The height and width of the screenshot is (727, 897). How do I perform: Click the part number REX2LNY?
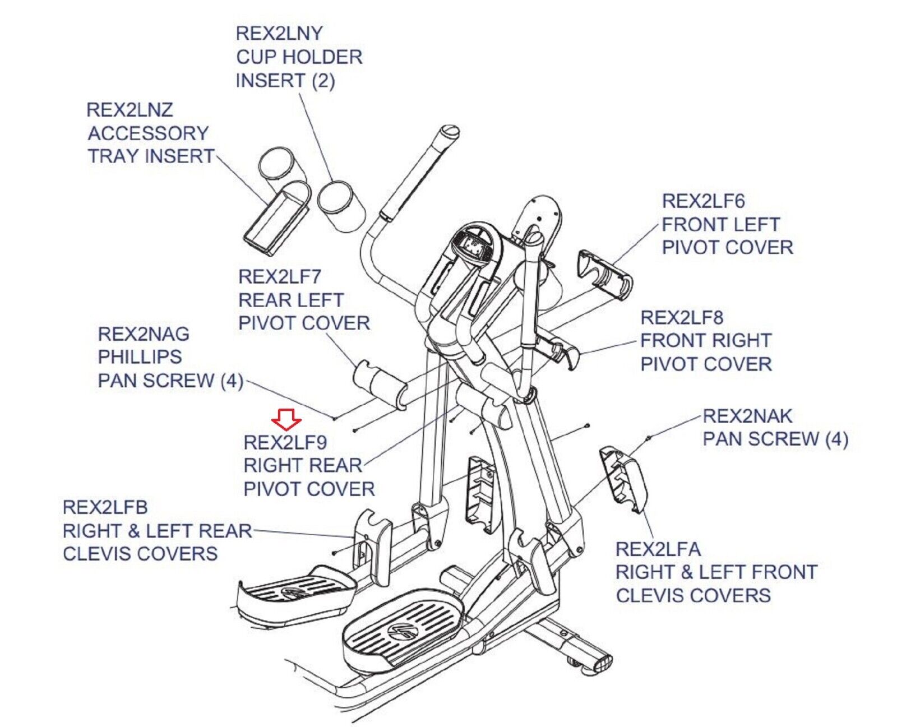point(279,34)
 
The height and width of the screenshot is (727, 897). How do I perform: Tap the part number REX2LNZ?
point(130,110)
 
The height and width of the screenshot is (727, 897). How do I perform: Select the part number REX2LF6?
point(703,201)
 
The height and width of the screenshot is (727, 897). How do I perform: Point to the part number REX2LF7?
point(279,277)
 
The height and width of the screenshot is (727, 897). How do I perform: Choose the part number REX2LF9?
point(285,443)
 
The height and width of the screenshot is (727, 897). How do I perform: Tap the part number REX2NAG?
point(144,334)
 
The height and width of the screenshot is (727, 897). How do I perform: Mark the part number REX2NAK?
point(747,416)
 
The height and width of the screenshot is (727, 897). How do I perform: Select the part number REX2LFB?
point(105,507)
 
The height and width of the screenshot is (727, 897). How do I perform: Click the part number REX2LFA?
point(658,549)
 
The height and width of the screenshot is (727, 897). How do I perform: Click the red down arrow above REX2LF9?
point(286,417)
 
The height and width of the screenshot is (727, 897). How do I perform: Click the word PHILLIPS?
point(140,357)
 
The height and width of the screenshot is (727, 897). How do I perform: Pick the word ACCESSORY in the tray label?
point(148,133)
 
